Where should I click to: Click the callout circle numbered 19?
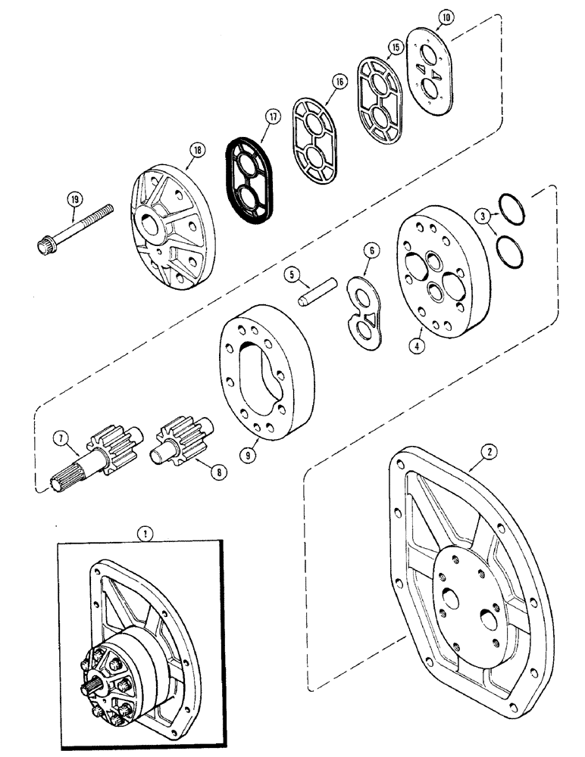pyautogui.click(x=74, y=200)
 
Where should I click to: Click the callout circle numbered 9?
pyautogui.click(x=246, y=456)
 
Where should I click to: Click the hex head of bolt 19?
pyautogui.click(x=45, y=245)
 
